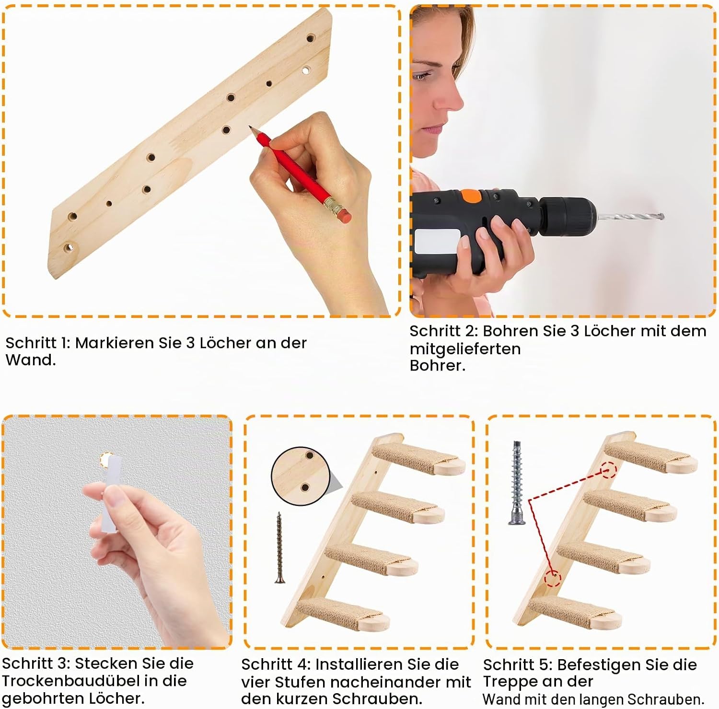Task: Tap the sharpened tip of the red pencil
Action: [x=250, y=127]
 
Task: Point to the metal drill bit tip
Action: [x=661, y=217]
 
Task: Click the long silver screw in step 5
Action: [x=516, y=483]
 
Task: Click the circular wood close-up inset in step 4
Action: [x=301, y=476]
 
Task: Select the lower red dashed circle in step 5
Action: [x=553, y=579]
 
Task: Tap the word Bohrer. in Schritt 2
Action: [x=437, y=366]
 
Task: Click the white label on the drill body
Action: [x=437, y=242]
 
